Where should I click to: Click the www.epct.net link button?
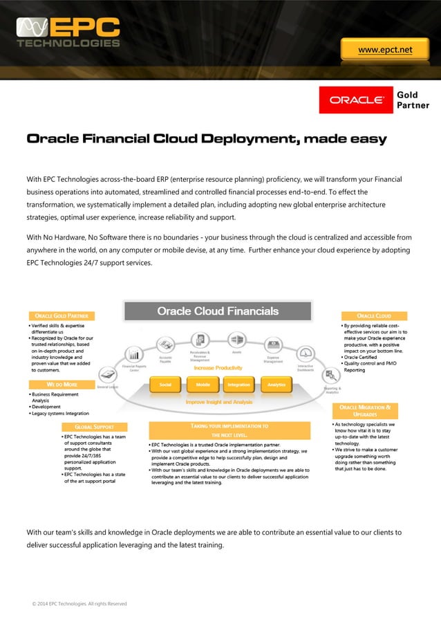click(385, 50)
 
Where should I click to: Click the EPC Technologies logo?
click(68, 33)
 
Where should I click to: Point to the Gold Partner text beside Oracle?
click(413, 100)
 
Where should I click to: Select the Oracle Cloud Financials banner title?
click(218, 311)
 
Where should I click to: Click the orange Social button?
click(165, 384)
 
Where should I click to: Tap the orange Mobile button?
click(203, 384)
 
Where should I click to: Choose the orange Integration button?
click(239, 384)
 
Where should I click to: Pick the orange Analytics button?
click(276, 384)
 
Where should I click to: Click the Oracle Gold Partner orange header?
click(61, 316)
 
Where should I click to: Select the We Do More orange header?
click(61, 384)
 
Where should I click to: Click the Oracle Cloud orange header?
click(374, 316)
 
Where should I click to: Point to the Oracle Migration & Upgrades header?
click(365, 412)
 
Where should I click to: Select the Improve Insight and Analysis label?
click(218, 401)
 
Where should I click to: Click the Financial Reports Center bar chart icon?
click(134, 354)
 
